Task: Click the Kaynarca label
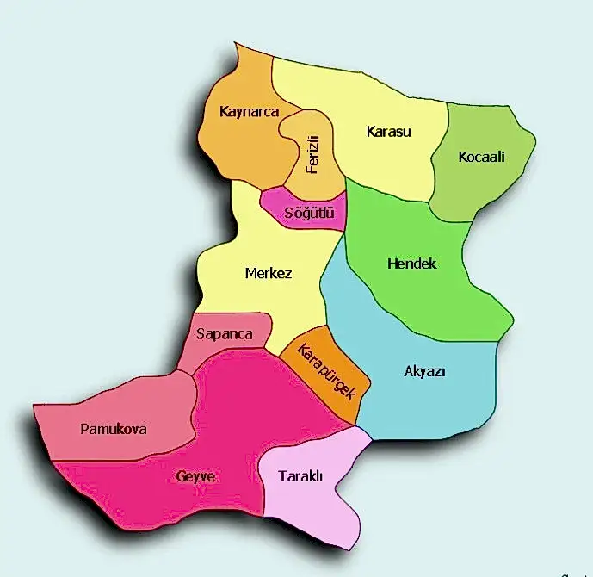pyautogui.click(x=250, y=112)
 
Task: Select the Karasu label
pyautogui.click(x=389, y=133)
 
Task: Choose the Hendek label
pyautogui.click(x=411, y=264)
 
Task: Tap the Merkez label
pyautogui.click(x=269, y=274)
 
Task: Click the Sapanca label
pyautogui.click(x=225, y=334)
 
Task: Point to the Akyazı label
pyautogui.click(x=424, y=371)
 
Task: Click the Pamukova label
pyautogui.click(x=113, y=429)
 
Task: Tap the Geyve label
pyautogui.click(x=195, y=476)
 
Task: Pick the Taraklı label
pyautogui.click(x=300, y=476)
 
